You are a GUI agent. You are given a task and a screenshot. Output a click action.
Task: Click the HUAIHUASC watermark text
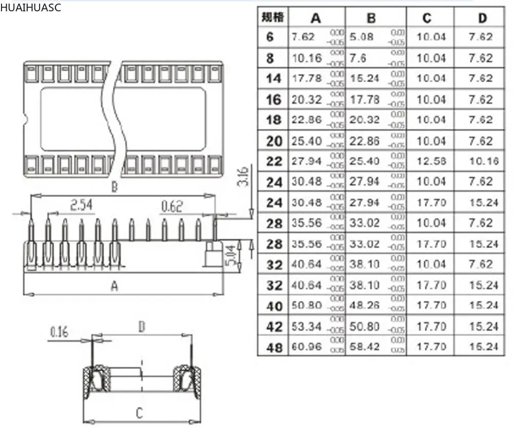click(x=31, y=8)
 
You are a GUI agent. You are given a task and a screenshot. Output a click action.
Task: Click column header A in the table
click(x=315, y=18)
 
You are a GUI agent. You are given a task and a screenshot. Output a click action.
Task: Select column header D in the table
click(x=482, y=18)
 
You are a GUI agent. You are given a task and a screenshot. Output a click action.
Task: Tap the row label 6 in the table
click(x=270, y=37)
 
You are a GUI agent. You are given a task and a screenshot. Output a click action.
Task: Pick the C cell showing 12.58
click(x=431, y=161)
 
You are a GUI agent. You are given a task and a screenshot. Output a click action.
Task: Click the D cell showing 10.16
click(x=483, y=161)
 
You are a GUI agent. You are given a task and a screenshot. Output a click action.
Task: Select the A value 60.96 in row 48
click(x=306, y=347)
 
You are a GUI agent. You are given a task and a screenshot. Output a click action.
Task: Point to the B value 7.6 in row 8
click(x=358, y=58)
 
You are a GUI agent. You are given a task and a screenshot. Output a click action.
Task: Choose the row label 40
click(x=274, y=306)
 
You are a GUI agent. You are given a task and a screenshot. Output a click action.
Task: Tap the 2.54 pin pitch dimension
click(x=81, y=206)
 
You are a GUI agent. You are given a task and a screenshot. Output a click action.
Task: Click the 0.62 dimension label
click(x=171, y=206)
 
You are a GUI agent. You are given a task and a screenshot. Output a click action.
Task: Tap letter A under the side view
click(x=114, y=287)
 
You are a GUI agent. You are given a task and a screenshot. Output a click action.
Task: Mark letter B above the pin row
click(x=114, y=187)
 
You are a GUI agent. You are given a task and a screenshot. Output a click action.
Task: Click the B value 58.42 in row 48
click(x=365, y=347)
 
